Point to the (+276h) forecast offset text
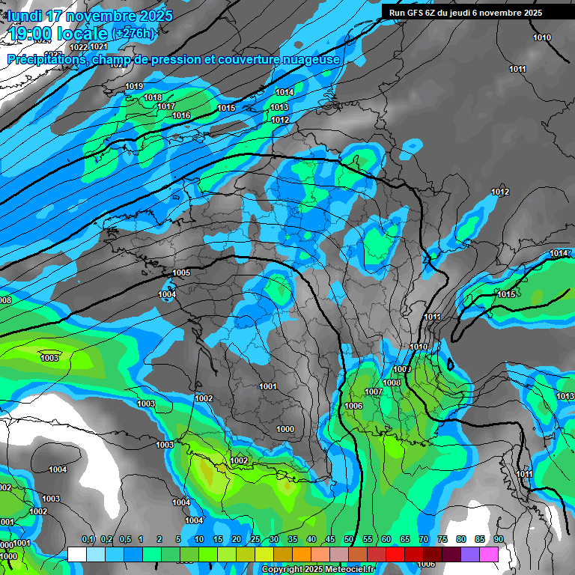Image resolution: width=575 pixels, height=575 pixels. (x=134, y=33)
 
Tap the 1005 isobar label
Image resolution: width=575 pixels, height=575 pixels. (x=181, y=273)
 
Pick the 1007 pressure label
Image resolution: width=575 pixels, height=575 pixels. (x=374, y=392)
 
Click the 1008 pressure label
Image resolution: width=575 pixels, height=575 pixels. (x=392, y=383)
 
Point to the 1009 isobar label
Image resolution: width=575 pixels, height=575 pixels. (x=403, y=369)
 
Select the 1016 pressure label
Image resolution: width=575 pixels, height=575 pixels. (x=181, y=115)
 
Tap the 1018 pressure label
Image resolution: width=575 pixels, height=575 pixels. (x=153, y=97)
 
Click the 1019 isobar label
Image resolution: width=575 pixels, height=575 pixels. (x=134, y=87)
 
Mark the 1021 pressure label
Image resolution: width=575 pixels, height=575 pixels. (x=99, y=47)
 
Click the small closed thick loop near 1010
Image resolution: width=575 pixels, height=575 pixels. (x=450, y=364)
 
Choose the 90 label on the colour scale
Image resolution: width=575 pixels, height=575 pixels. (x=498, y=539)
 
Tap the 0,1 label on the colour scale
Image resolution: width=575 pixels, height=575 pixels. (x=88, y=539)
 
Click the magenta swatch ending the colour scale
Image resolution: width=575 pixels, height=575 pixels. (x=489, y=554)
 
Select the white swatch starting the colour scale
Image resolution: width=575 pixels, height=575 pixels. (x=76, y=554)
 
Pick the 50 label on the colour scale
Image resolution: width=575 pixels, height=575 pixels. (x=349, y=539)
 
